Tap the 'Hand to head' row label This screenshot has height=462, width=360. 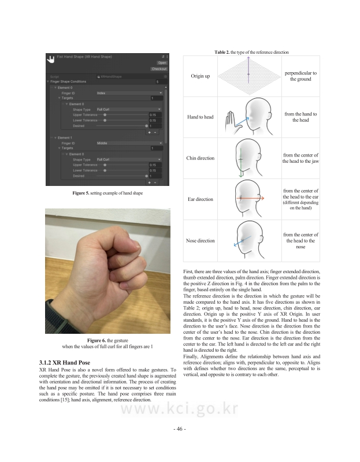pos(200,117)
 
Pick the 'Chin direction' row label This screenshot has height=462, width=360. pos(200,158)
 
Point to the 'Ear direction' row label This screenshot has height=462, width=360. pos(200,199)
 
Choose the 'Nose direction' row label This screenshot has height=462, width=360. pos(200,240)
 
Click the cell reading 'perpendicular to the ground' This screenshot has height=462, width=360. pos(300,76)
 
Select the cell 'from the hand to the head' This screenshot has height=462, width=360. pos(300,117)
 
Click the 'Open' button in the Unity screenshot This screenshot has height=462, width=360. pos(162,62)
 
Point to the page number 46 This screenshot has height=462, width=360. pos(179,429)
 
